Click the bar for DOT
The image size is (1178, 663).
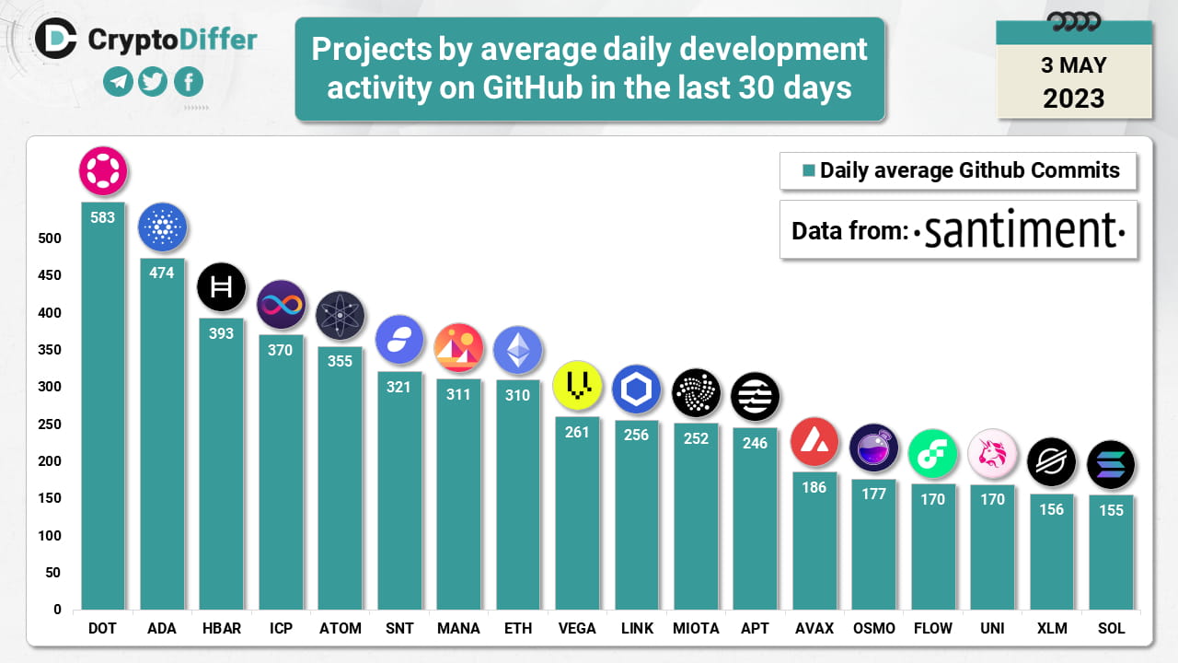(x=103, y=414)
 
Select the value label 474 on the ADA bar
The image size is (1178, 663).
(x=162, y=273)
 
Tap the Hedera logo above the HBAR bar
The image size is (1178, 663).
(x=221, y=287)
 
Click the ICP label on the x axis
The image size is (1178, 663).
(x=281, y=628)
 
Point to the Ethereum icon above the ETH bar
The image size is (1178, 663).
(x=518, y=349)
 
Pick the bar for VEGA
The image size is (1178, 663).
(x=577, y=516)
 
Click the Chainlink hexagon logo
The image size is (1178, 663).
(x=637, y=390)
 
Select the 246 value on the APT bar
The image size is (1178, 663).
(x=755, y=443)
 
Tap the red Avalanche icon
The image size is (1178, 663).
(x=814, y=441)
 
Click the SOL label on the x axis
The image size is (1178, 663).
(x=1111, y=628)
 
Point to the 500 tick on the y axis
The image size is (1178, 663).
(x=50, y=238)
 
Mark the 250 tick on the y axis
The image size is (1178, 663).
(x=50, y=425)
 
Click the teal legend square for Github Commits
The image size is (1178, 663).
(x=809, y=170)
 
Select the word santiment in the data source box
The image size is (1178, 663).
(x=1022, y=230)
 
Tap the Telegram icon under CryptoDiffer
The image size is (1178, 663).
(x=118, y=82)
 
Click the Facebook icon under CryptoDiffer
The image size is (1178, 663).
(x=188, y=82)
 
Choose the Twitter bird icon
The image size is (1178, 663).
(x=153, y=82)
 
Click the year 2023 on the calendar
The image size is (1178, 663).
(x=1074, y=98)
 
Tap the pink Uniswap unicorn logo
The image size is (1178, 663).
(x=992, y=454)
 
